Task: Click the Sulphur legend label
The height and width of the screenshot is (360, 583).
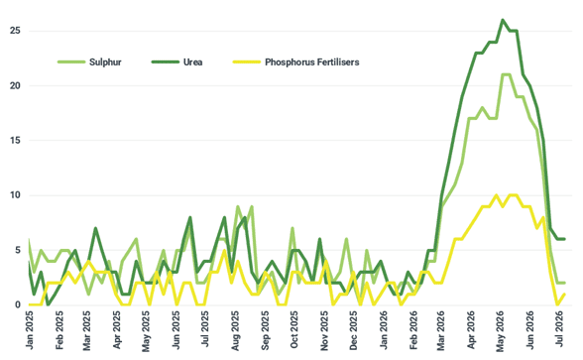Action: [105, 62]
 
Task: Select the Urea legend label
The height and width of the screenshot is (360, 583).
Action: [192, 62]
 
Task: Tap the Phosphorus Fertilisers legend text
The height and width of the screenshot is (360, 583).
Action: [312, 62]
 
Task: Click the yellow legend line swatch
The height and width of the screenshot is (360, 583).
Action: [247, 61]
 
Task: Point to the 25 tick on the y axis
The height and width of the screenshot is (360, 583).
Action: [15, 31]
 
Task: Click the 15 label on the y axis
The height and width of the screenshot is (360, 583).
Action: [15, 140]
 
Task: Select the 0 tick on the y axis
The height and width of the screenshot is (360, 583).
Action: [18, 305]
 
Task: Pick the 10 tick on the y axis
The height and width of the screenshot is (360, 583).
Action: [15, 195]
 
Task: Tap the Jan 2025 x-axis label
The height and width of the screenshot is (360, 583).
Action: [30, 329]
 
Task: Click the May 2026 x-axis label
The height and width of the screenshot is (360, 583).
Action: [501, 330]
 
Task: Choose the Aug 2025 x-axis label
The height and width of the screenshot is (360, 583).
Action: [235, 330]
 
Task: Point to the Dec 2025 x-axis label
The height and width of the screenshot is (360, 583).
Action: [353, 330]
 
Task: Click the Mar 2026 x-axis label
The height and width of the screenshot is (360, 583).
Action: [441, 330]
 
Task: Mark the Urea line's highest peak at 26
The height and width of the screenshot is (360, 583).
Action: [503, 20]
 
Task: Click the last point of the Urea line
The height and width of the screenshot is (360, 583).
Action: [564, 239]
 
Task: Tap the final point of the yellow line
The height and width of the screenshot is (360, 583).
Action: [564, 295]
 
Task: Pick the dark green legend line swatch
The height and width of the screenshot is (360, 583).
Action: [165, 61]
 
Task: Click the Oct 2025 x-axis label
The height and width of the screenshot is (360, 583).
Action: [294, 329]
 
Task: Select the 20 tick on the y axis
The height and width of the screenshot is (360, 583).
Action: [15, 85]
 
